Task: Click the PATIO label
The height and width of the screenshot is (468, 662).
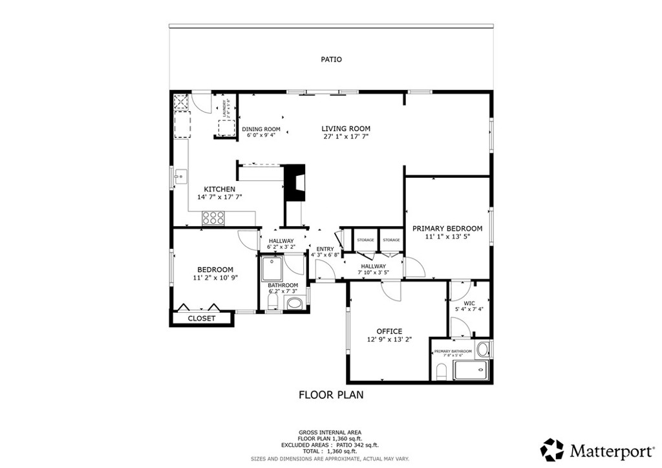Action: click(331, 59)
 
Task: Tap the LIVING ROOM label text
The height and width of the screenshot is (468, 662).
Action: click(346, 129)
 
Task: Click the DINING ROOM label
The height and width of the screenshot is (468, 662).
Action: click(261, 129)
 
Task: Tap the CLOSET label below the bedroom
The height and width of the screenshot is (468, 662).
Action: click(201, 318)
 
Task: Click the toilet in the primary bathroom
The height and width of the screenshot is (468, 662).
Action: click(442, 372)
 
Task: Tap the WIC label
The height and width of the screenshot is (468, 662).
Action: click(469, 303)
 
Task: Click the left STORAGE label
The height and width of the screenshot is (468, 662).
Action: click(366, 240)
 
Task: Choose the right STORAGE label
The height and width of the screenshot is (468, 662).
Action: click(391, 240)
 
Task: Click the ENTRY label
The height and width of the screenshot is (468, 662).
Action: click(325, 249)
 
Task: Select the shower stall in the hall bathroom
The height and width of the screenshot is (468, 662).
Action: click(273, 268)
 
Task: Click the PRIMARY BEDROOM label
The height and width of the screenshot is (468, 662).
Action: click(447, 228)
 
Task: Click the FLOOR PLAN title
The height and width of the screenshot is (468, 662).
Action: click(330, 394)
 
